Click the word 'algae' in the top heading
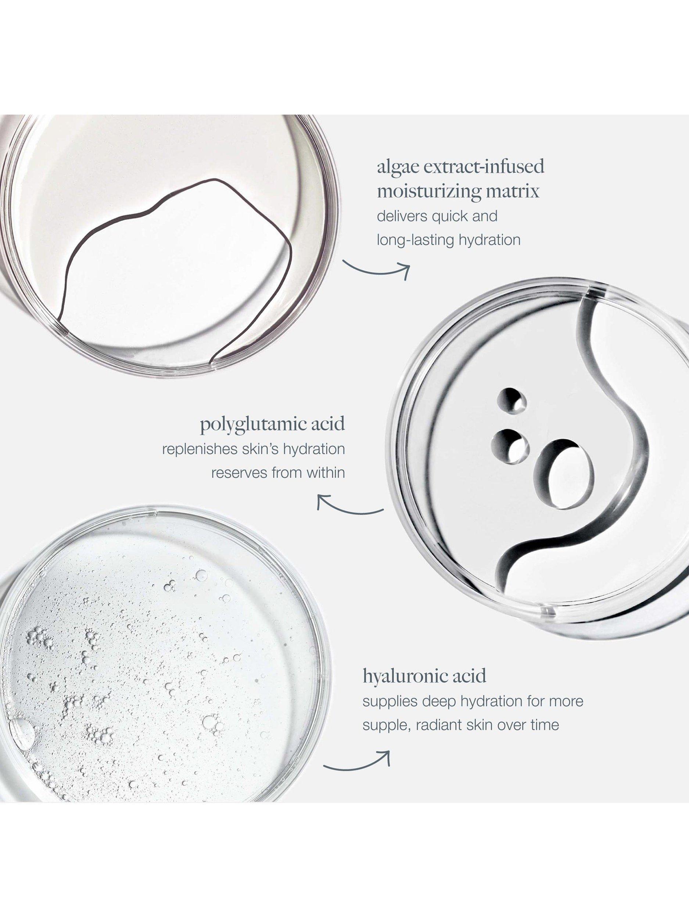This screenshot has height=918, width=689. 396,168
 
